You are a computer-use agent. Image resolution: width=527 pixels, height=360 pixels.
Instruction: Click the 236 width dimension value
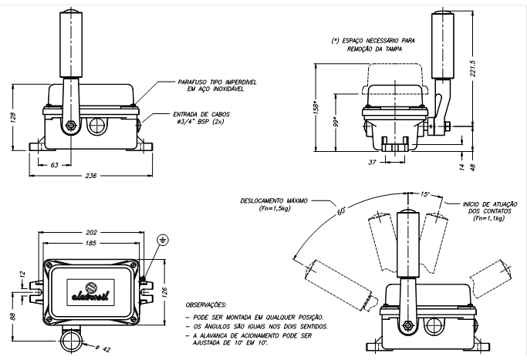coord(91,176)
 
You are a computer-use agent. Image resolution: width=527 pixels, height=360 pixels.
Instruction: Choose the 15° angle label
coord(426,193)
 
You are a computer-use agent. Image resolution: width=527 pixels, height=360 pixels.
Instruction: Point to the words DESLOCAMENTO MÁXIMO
coord(267,200)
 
